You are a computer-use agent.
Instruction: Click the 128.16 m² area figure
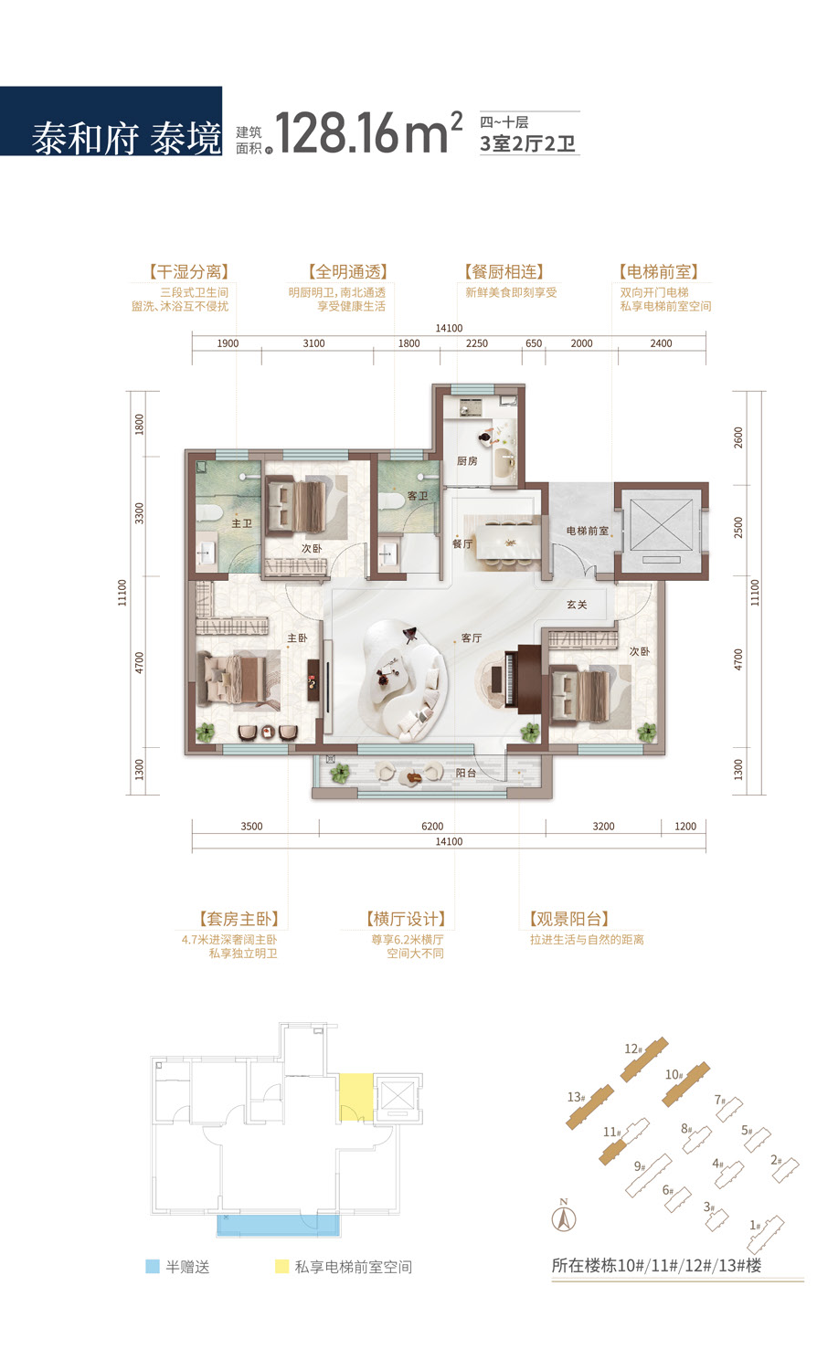pyautogui.click(x=367, y=132)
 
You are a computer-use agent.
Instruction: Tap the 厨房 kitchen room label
pyautogui.click(x=467, y=460)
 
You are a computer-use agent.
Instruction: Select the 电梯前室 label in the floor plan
pyautogui.click(x=587, y=531)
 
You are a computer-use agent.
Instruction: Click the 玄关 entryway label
pyautogui.click(x=577, y=604)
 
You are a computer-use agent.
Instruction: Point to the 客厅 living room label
pyautogui.click(x=472, y=638)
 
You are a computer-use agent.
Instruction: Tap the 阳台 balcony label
pyautogui.click(x=466, y=773)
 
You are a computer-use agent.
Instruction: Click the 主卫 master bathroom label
pyautogui.click(x=241, y=523)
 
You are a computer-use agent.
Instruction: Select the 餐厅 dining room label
pyautogui.click(x=462, y=543)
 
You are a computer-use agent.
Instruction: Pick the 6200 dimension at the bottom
pyautogui.click(x=432, y=827)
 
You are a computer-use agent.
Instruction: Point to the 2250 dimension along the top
pyautogui.click(x=477, y=343)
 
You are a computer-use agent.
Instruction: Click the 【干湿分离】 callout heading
pyautogui.click(x=189, y=271)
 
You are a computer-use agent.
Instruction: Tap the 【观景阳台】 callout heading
pyautogui.click(x=568, y=919)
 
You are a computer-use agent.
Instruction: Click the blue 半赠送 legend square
pyautogui.click(x=153, y=1267)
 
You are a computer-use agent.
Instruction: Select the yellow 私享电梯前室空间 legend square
pyautogui.click(x=282, y=1267)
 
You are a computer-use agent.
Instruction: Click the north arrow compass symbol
pyautogui.click(x=564, y=1217)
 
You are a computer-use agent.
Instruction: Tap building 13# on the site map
pyautogui.click(x=589, y=1107)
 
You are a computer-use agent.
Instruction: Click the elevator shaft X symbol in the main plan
pyautogui.click(x=661, y=524)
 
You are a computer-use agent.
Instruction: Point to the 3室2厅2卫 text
pyautogui.click(x=527, y=144)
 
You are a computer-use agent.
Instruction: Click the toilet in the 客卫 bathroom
pyautogui.click(x=392, y=501)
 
